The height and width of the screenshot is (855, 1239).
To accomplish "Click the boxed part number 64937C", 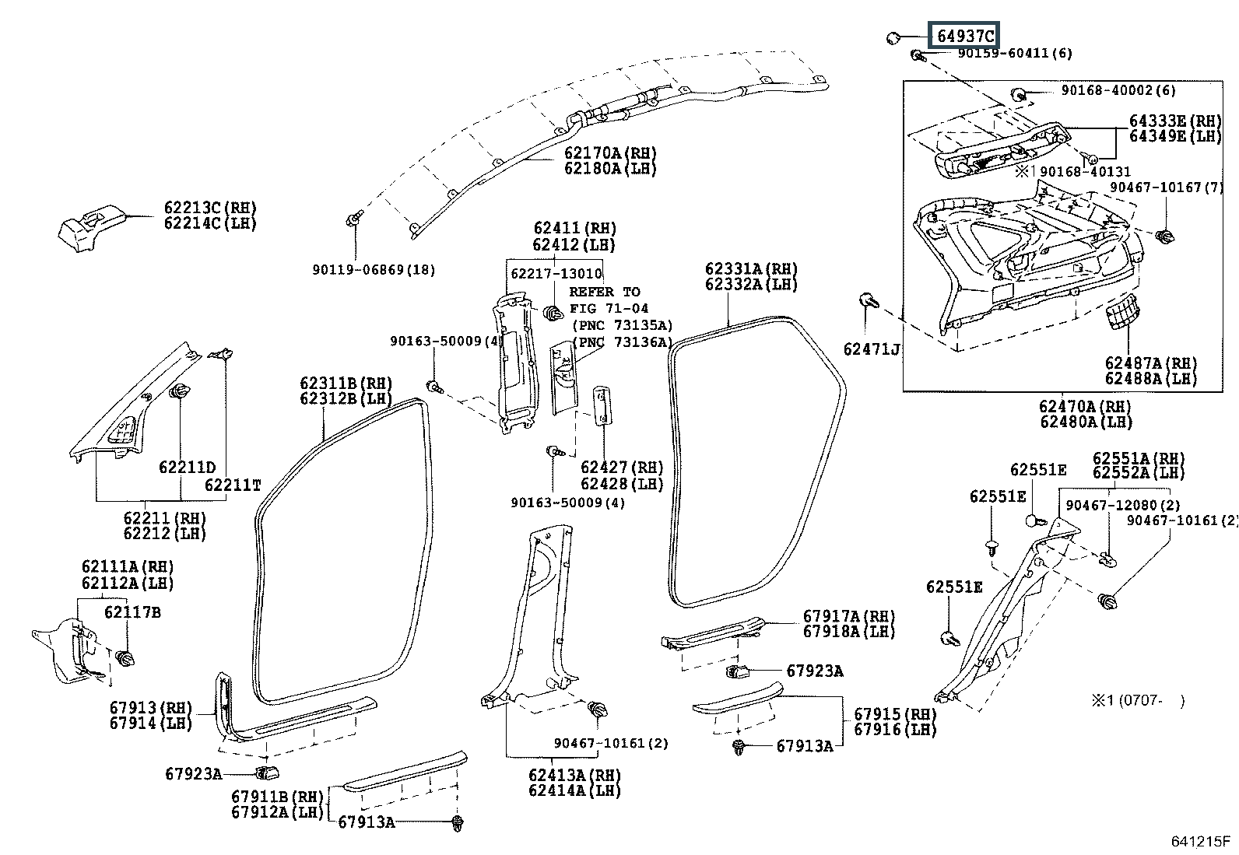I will (x=964, y=36).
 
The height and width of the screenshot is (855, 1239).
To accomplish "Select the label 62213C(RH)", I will (x=210, y=208).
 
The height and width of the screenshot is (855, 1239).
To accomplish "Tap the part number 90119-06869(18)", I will (x=374, y=270).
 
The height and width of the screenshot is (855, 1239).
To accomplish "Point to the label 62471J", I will (x=872, y=349).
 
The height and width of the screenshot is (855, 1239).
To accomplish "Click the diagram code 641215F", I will (x=1200, y=843).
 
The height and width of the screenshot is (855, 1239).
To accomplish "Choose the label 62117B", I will (x=132, y=612).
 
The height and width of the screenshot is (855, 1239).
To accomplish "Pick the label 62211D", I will (x=187, y=468).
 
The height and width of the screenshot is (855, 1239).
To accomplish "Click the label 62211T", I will (x=233, y=485).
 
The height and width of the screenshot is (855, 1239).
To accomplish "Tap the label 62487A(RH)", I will (x=1151, y=363).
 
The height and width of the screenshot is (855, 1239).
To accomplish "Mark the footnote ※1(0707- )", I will (x=1137, y=701).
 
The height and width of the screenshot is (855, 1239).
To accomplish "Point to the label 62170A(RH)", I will (x=610, y=153).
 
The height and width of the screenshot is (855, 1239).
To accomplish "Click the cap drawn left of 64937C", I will (x=894, y=37).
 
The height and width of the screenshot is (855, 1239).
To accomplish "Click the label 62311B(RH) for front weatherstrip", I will (x=346, y=384).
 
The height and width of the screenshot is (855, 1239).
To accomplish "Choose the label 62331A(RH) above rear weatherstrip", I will (x=752, y=269).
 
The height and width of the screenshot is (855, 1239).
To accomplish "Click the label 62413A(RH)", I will (x=574, y=775).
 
